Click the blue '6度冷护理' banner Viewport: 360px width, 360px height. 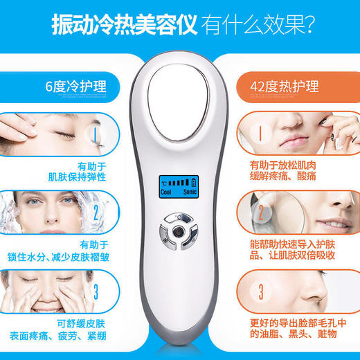click(x=68, y=87)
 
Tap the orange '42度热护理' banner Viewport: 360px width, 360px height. click(x=291, y=87)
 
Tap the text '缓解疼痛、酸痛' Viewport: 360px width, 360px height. click(x=285, y=176)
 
